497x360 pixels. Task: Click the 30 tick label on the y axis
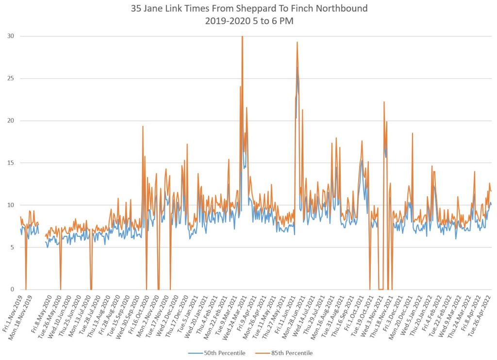10,36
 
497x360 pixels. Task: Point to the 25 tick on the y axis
10,78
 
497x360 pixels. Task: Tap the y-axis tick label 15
10,163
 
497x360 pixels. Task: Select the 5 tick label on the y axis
12,247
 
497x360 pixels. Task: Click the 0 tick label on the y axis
12,289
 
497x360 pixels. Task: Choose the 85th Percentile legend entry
289,353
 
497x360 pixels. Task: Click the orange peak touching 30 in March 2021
242,37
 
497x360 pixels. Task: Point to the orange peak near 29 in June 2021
297,42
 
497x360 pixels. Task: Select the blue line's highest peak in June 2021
298,68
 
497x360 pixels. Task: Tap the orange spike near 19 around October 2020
143,126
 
